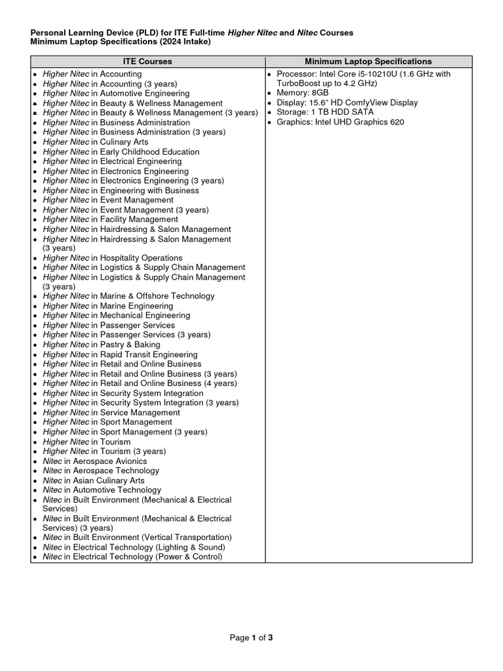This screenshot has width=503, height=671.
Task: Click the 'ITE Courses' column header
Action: point(147,62)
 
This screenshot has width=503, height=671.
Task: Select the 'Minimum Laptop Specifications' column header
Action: point(368,62)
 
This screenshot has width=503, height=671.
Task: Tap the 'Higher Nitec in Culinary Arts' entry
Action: point(96,142)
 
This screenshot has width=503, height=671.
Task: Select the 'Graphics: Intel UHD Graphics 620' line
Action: point(341,123)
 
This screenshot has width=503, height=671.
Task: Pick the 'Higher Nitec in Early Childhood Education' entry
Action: point(121,152)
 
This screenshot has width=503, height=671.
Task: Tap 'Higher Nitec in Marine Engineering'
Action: point(108,306)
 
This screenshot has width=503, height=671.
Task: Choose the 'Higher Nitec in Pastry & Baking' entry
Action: point(102,345)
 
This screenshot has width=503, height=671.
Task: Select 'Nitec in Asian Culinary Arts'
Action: point(94,480)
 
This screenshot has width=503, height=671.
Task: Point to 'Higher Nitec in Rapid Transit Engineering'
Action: point(120,355)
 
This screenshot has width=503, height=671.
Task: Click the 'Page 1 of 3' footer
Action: point(251,638)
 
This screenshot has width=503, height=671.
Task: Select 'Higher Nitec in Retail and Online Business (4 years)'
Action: point(140,383)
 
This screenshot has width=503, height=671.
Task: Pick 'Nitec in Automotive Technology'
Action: point(102,490)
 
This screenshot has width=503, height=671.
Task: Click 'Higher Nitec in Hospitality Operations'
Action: point(113,258)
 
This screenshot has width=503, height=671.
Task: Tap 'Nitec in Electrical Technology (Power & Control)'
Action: point(133,557)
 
